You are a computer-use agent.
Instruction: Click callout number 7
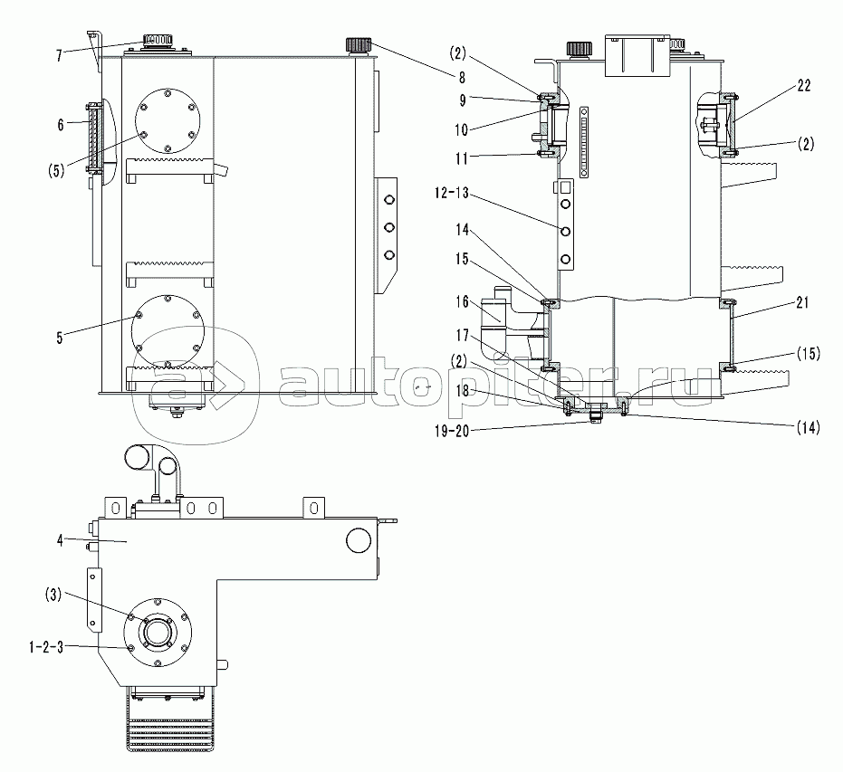(x=59, y=55)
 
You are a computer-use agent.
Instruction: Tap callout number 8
(x=462, y=78)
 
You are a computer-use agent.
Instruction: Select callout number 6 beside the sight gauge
(x=61, y=125)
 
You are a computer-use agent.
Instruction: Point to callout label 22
(x=804, y=85)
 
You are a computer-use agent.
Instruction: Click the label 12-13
(x=452, y=193)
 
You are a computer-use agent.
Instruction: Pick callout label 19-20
(x=452, y=431)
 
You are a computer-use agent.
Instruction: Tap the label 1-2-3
(x=46, y=647)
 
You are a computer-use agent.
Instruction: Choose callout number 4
(x=60, y=540)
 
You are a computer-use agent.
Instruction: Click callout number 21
(x=802, y=303)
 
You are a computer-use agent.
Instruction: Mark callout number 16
(x=463, y=302)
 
